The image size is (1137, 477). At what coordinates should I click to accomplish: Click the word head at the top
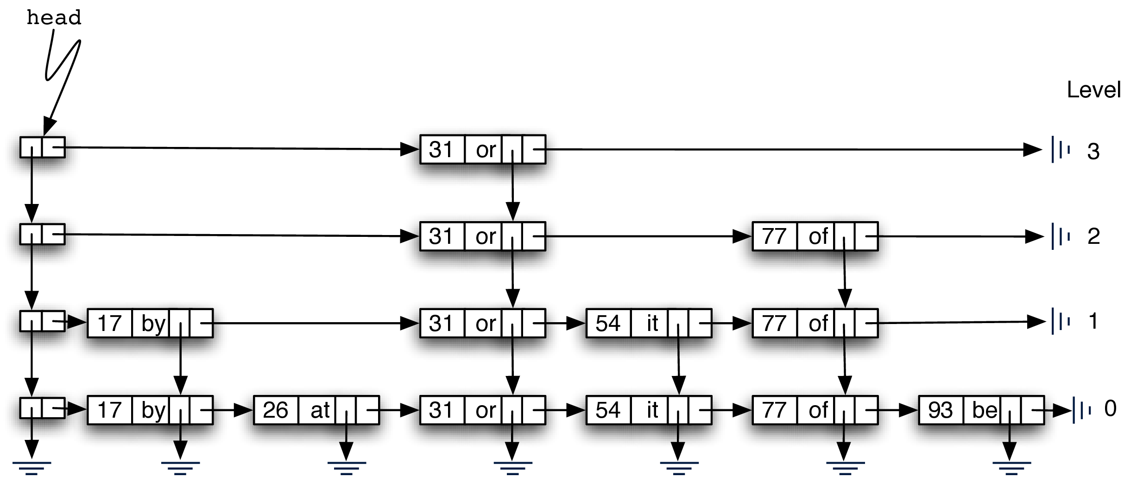[54, 18]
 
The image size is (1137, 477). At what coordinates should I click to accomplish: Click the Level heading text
[1093, 89]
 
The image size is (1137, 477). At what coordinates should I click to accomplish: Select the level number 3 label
[1093, 152]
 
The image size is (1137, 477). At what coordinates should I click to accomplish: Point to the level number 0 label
[1110, 408]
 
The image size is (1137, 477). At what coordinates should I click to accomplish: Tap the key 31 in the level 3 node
[441, 150]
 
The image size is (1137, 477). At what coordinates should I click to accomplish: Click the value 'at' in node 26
[320, 410]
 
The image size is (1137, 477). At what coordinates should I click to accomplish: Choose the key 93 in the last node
[940, 410]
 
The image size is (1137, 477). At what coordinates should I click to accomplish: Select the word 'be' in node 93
[984, 410]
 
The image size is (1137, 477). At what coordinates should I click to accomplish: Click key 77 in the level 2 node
[774, 236]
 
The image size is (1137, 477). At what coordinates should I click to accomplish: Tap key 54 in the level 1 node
[607, 323]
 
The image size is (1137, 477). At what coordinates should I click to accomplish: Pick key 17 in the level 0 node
[109, 410]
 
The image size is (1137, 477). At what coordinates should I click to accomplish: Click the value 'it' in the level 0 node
[652, 410]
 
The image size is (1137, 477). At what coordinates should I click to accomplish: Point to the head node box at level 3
[42, 147]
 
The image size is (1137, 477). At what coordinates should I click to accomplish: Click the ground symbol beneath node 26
[346, 467]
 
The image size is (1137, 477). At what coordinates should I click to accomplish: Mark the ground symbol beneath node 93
[1011, 467]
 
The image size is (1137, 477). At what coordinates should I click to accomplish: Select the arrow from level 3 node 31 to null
[788, 149]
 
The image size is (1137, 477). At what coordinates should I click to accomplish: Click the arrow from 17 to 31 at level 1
[315, 323]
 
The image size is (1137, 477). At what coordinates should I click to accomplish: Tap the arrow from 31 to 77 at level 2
[649, 236]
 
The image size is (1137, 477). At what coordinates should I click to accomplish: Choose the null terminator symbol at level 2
[1061, 236]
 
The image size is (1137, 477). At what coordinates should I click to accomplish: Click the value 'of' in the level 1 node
[818, 323]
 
